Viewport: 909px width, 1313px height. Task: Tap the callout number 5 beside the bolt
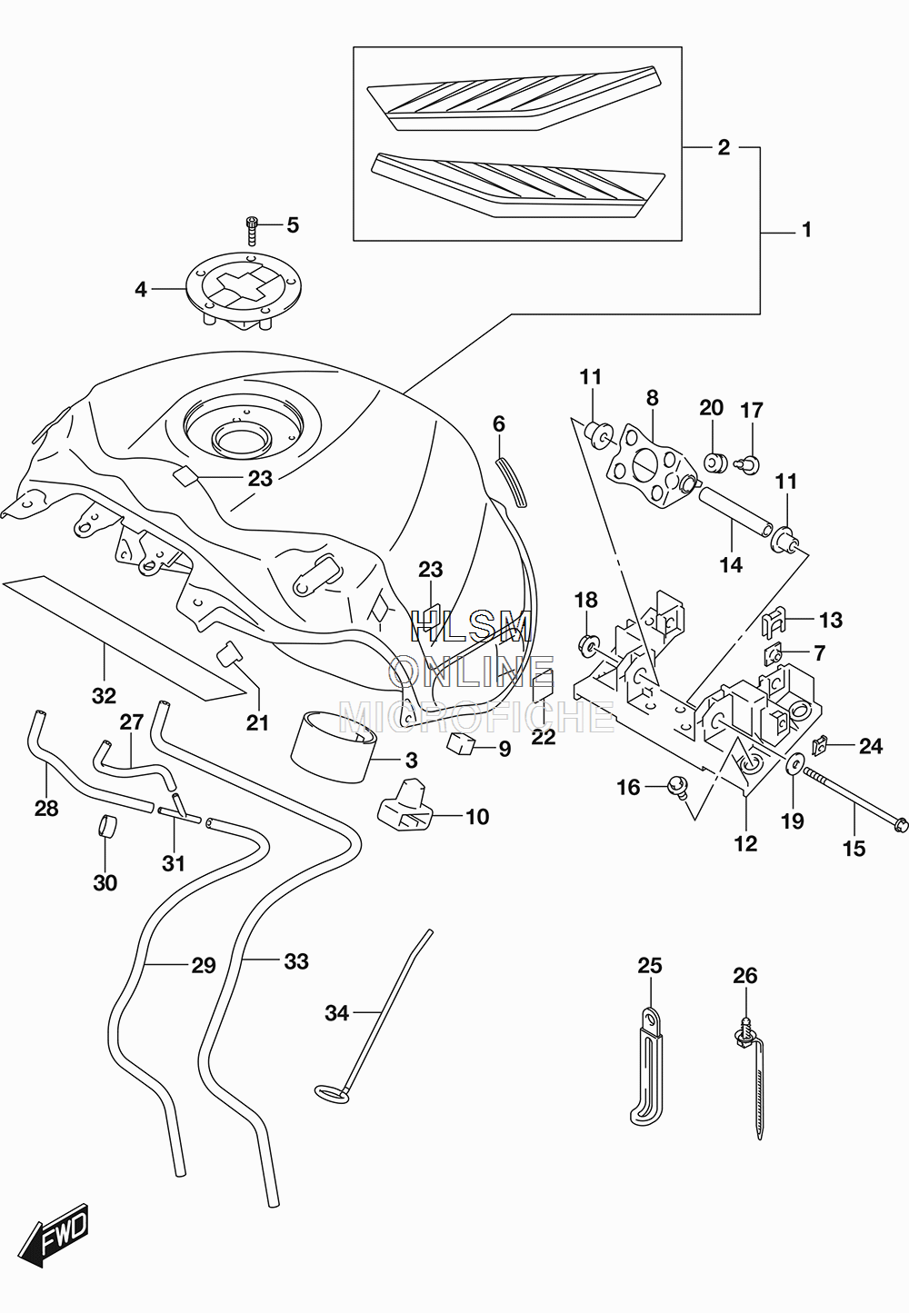(x=293, y=225)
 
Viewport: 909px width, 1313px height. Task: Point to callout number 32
(x=104, y=696)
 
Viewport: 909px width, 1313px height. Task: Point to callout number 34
(x=336, y=1013)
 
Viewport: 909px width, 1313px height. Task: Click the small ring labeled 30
(x=106, y=827)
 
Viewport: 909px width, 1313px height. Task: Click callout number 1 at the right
(x=807, y=231)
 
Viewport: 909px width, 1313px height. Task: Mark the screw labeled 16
(x=677, y=786)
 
